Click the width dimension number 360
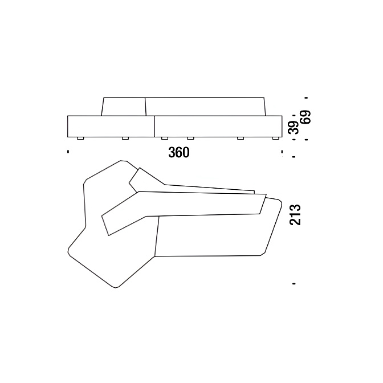point(179,153)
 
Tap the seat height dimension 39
point(294,127)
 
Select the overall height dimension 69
point(306,117)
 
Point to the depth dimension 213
point(295,214)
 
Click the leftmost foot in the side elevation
point(80,138)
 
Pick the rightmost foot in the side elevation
point(275,138)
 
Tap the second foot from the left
point(125,138)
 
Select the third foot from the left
point(165,138)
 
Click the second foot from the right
point(241,138)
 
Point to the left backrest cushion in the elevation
point(124,107)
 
